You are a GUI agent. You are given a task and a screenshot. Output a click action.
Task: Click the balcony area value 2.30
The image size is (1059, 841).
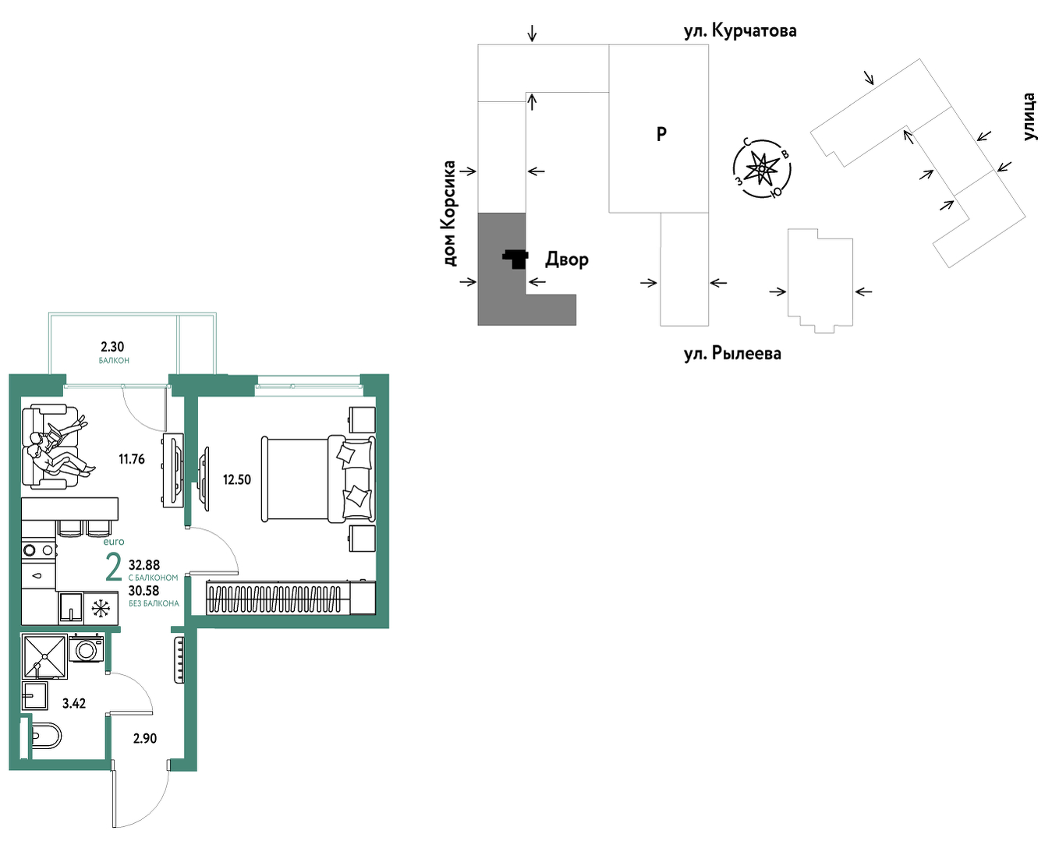click(x=112, y=347)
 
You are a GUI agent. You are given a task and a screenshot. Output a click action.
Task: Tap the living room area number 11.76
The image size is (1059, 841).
click(x=132, y=459)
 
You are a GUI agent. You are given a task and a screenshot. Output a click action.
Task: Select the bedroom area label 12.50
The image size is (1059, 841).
click(x=237, y=479)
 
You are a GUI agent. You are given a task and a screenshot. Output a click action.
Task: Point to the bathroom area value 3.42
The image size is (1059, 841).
click(x=74, y=703)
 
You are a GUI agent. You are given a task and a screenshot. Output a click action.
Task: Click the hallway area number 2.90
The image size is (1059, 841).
click(x=145, y=738)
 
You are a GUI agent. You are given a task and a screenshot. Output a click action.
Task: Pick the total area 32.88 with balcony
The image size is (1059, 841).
click(x=144, y=564)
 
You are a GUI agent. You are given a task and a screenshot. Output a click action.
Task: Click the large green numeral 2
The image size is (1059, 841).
click(x=114, y=567)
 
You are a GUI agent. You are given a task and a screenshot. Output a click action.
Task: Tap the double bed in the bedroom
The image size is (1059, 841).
click(x=318, y=479)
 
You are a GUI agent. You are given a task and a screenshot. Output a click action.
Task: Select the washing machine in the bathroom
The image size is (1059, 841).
click(x=86, y=649)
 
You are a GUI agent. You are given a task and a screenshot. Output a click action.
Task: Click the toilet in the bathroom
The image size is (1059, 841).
click(x=44, y=737)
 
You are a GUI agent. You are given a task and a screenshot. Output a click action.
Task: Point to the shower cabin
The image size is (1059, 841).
click(x=44, y=656)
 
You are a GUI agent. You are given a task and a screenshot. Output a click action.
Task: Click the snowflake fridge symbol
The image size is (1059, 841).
click(x=101, y=609)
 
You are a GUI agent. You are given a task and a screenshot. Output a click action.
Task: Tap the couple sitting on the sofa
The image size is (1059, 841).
click(x=59, y=447)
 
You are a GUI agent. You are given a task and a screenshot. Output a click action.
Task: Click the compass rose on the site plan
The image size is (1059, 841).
click(x=762, y=168)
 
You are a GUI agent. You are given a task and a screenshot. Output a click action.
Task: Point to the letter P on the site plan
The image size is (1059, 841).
click(x=661, y=134)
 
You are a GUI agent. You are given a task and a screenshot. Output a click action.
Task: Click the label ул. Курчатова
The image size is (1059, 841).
click(x=740, y=31)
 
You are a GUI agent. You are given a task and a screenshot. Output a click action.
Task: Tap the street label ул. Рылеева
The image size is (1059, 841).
click(x=732, y=354)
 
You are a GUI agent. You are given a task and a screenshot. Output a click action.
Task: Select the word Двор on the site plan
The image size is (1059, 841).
click(x=566, y=260)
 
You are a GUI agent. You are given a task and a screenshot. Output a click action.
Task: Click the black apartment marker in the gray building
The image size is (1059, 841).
click(x=516, y=260)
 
